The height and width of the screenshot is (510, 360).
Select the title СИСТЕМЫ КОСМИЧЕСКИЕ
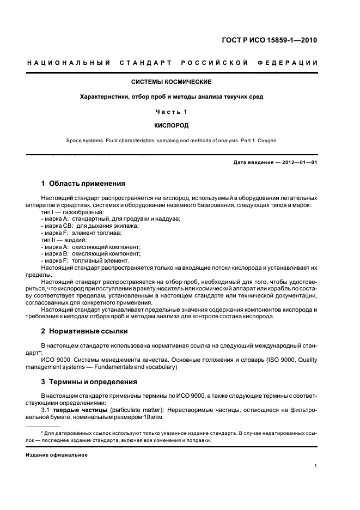click(172, 82)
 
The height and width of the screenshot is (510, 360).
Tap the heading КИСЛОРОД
click(172, 125)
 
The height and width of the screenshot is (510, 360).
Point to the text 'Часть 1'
click(172, 111)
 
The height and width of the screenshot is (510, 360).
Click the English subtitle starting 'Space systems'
click(172, 140)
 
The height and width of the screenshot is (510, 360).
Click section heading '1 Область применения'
click(83, 184)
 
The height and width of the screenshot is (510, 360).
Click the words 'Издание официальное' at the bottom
click(57, 454)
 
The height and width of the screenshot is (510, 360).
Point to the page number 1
click(316, 466)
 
